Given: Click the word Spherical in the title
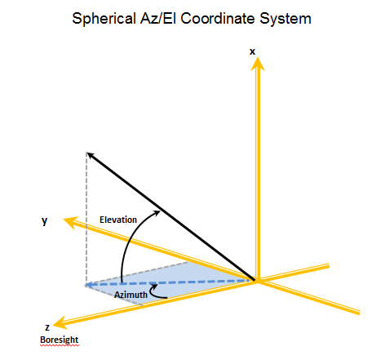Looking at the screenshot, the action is (x=104, y=19).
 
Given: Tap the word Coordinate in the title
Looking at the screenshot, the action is (x=218, y=19).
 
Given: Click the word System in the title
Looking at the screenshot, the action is (x=285, y=19).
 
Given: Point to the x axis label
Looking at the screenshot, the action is (x=252, y=51).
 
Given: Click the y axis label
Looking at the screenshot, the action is (x=45, y=220).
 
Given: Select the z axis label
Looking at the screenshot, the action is (x=47, y=327).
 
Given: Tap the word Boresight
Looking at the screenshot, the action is (x=60, y=340).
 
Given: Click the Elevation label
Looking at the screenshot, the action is (x=118, y=220).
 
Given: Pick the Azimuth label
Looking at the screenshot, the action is (x=131, y=295).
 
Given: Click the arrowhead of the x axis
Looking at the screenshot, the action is (x=257, y=64).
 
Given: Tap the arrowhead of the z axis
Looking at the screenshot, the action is (x=60, y=322).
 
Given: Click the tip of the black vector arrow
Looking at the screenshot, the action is (x=87, y=153).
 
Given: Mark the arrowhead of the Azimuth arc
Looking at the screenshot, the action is (x=153, y=287).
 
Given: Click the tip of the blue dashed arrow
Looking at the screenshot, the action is (x=85, y=285).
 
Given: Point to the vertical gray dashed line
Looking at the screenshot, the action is (x=86, y=218).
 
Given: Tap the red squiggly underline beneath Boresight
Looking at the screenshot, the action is (x=60, y=345).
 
